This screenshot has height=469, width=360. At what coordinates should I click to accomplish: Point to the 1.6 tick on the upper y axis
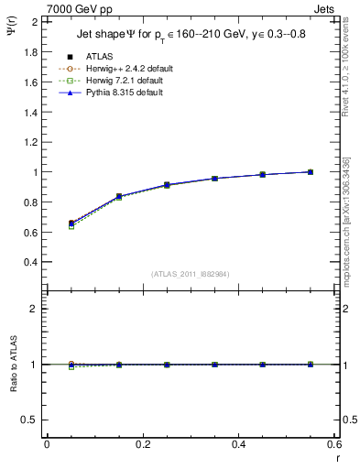tap(33, 82)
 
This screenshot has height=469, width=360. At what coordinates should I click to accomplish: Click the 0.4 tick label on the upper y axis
tap(33, 262)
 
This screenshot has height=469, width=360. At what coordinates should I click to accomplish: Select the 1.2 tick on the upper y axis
tap(33, 127)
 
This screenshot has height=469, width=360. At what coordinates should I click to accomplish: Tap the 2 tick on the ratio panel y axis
tap(37, 309)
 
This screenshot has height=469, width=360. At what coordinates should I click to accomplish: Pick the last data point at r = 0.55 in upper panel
tap(311, 171)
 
